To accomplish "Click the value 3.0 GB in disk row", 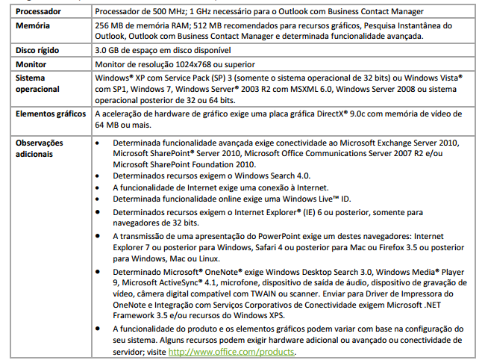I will tap(108, 50).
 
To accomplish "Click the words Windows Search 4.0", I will tap(262, 176).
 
